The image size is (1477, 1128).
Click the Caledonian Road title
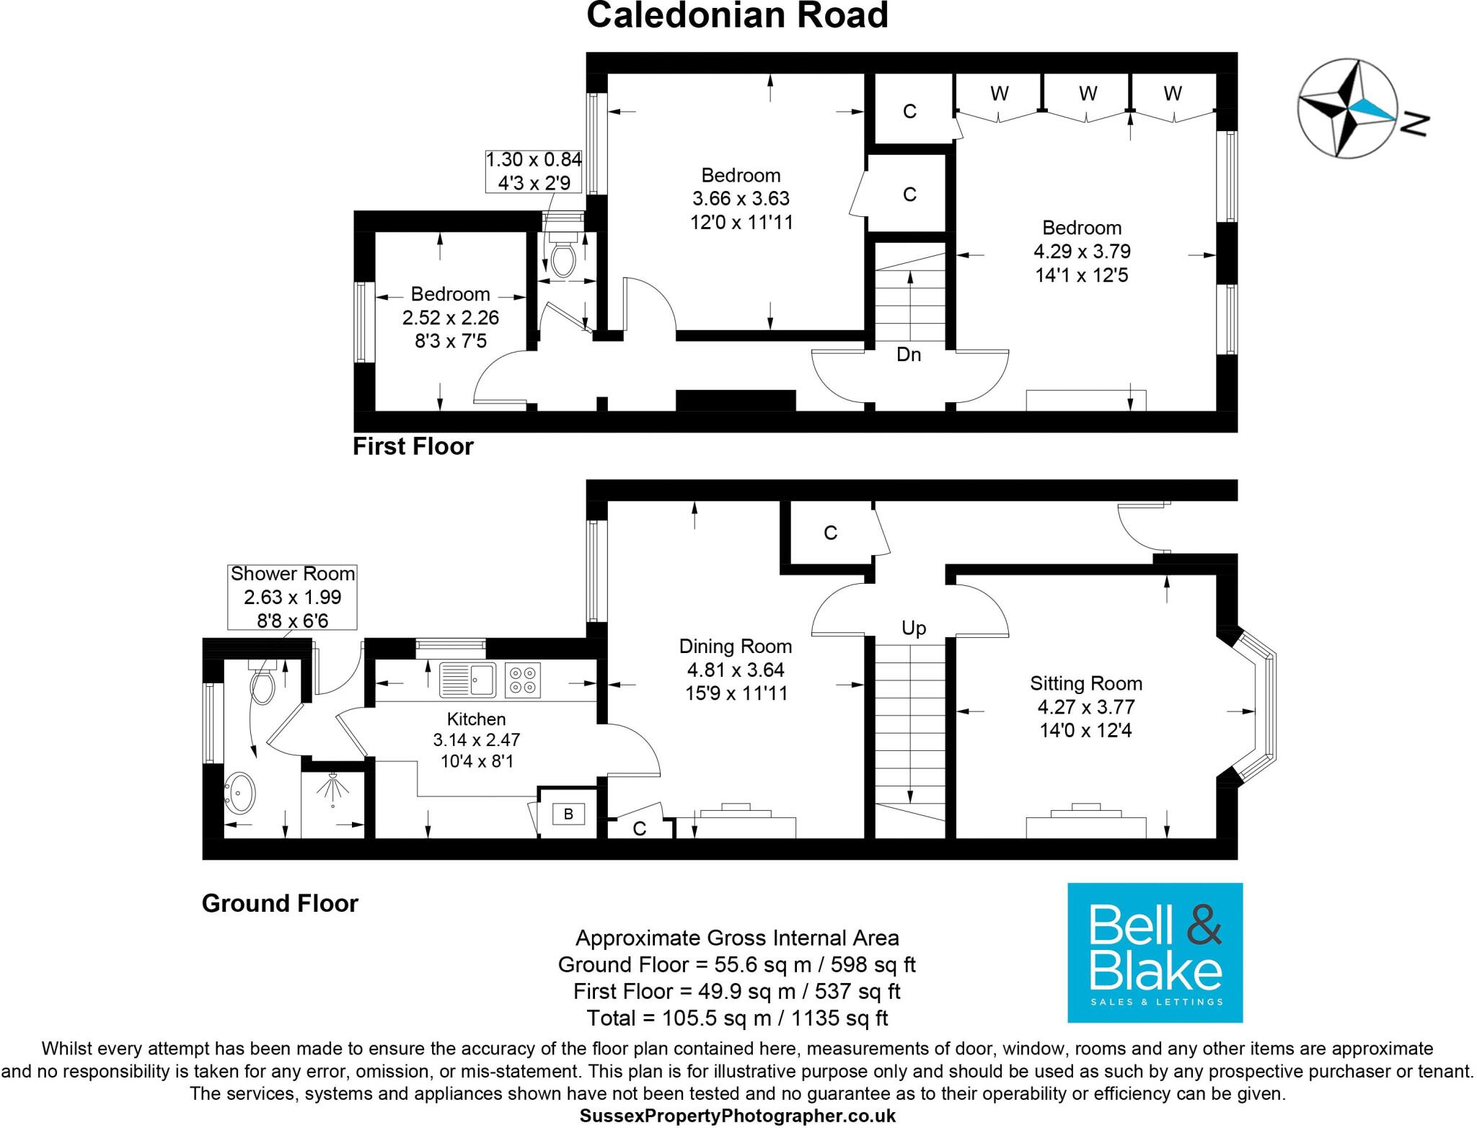[737, 16]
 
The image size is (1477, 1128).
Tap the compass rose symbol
[1347, 109]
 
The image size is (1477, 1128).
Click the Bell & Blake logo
[1155, 952]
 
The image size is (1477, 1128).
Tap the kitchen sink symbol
[467, 680]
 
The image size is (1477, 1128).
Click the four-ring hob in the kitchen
[523, 680]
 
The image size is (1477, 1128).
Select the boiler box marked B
[568, 814]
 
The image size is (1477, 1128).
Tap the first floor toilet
[562, 257]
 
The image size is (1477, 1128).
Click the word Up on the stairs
[913, 628]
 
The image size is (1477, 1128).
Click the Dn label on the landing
[909, 355]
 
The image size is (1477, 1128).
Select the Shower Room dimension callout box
[292, 597]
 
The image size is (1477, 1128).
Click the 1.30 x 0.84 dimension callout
[534, 171]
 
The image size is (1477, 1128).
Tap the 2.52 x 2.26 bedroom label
[451, 317]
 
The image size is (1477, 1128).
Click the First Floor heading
[413, 447]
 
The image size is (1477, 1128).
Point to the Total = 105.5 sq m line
[737, 1018]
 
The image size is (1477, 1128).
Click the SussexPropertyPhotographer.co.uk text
[737, 1116]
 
